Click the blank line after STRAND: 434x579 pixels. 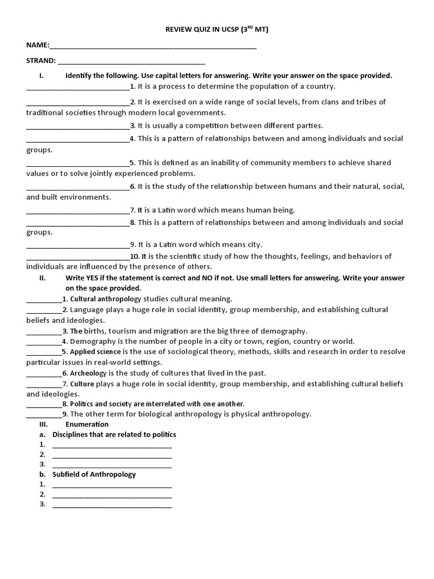pos(131,61)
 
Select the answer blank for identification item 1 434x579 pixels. pos(78,88)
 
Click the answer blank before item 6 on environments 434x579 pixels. pos(78,187)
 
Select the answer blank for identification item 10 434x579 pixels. pos(78,257)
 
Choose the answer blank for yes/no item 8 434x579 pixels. pos(44,405)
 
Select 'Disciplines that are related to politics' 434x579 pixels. pos(114,434)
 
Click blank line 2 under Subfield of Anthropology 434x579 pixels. pos(112,495)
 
